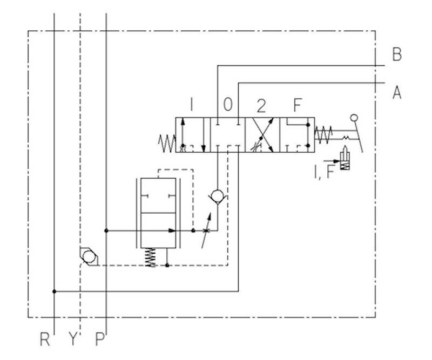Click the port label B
pyautogui.click(x=397, y=55)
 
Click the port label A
pyautogui.click(x=397, y=92)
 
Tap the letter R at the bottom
pyautogui.click(x=45, y=339)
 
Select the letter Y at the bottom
pyautogui.click(x=72, y=339)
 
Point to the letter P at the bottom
pyautogui.click(x=100, y=339)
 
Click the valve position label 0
pyautogui.click(x=228, y=105)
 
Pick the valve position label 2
pyautogui.click(x=261, y=106)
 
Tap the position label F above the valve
pyautogui.click(x=298, y=105)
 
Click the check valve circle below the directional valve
pyautogui.click(x=218, y=196)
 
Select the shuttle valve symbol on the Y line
pyautogui.click(x=89, y=257)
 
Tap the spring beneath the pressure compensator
pyautogui.click(x=151, y=257)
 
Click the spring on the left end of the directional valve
pyautogui.click(x=167, y=143)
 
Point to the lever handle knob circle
pyautogui.click(x=354, y=118)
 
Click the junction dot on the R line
pyautogui.click(x=55, y=291)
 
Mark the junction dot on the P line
pyautogui.click(x=106, y=230)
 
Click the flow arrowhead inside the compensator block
pyautogui.click(x=172, y=230)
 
